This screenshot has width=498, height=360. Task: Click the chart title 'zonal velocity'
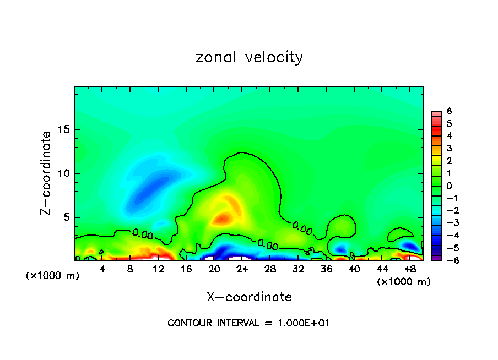tap(249, 57)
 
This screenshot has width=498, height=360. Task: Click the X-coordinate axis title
tap(249, 297)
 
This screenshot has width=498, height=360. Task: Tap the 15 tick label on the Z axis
tap(63, 129)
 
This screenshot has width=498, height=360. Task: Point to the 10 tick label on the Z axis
tap(63, 173)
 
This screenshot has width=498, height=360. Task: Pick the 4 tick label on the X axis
tap(102, 269)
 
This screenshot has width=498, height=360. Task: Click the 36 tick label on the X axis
tap(326, 269)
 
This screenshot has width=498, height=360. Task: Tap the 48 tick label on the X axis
tap(409, 269)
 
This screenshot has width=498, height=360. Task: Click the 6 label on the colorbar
tap(449, 111)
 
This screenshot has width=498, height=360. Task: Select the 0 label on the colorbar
tap(449, 186)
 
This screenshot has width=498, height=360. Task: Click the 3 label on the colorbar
tap(449, 148)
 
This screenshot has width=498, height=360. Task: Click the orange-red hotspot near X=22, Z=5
tap(223, 219)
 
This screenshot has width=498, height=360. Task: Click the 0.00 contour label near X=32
tap(302, 227)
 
